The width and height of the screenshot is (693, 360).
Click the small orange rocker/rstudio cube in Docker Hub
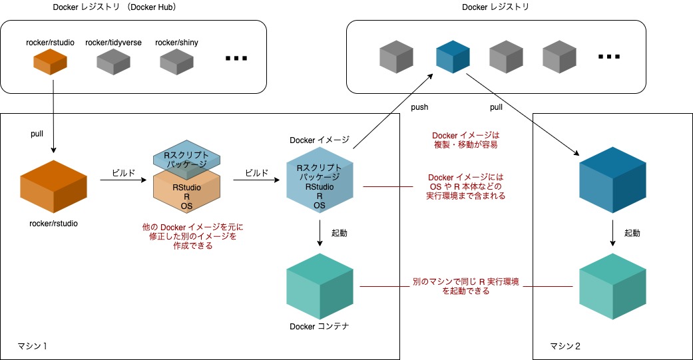click(x=50, y=62)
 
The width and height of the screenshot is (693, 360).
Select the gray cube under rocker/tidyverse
click(x=113, y=62)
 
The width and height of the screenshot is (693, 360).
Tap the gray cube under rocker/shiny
click(x=176, y=62)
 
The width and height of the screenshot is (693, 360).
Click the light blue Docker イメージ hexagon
click(x=320, y=186)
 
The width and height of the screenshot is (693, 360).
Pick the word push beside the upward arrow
click(x=419, y=106)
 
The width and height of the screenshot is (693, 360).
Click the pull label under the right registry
click(x=496, y=106)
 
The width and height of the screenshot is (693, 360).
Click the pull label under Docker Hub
click(x=37, y=133)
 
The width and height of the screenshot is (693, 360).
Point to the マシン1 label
click(x=33, y=346)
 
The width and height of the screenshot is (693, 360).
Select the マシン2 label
click(x=565, y=346)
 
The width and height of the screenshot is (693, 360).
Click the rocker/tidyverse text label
click(x=113, y=43)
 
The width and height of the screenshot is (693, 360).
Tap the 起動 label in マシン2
click(x=632, y=233)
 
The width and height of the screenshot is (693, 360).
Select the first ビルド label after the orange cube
click(x=119, y=172)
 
